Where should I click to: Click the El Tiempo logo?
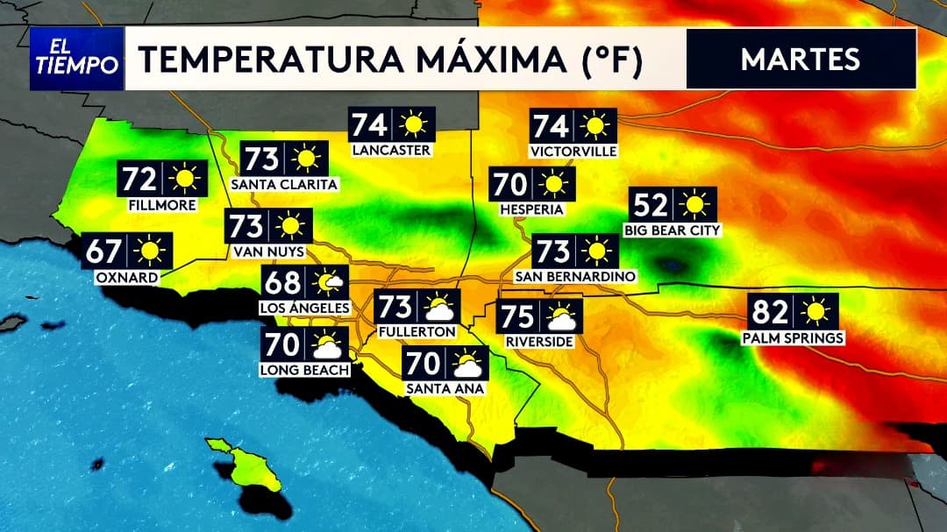click(x=76, y=59)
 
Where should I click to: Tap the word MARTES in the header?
click(x=800, y=59)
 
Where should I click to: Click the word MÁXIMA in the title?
click(x=473, y=60)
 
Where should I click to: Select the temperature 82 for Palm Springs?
click(x=773, y=311)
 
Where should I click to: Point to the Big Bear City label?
click(x=673, y=230)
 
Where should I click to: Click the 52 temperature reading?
click(x=652, y=204)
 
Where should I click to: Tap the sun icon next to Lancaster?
click(x=412, y=125)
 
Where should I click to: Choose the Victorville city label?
click(x=573, y=151)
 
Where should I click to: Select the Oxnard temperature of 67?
click(x=104, y=252)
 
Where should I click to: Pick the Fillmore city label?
click(x=161, y=204)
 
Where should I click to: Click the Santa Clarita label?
click(x=283, y=184)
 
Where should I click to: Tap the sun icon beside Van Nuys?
click(x=290, y=226)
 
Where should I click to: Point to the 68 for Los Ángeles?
click(x=281, y=283)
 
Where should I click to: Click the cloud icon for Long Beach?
click(x=327, y=345)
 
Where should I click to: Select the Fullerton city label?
click(x=417, y=332)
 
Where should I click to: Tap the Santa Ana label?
click(x=443, y=387)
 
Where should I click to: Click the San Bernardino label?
click(x=574, y=277)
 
